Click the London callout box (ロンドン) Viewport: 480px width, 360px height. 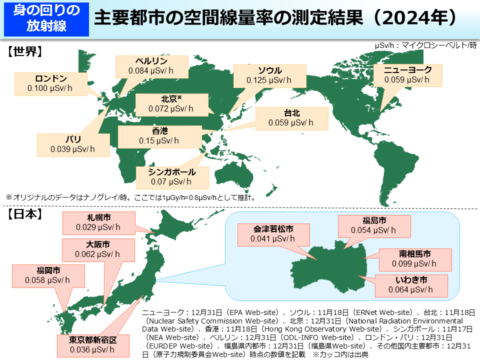click(x=50, y=83)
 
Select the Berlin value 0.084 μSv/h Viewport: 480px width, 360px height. click(x=151, y=71)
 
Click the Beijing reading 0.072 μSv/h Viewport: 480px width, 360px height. click(x=171, y=108)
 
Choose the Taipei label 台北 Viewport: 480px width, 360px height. click(x=291, y=113)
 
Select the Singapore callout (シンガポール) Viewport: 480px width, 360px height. click(x=170, y=176)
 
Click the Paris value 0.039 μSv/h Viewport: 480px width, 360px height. click(x=72, y=149)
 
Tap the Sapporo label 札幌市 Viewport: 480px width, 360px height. click(x=98, y=217)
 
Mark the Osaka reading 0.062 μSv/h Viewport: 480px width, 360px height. click(x=97, y=254)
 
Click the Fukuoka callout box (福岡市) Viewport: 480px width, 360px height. click(x=48, y=276)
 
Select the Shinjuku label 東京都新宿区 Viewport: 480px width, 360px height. click(x=93, y=340)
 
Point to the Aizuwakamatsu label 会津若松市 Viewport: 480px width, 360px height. click(x=272, y=229)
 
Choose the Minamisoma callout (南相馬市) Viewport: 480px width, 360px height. click(x=414, y=258)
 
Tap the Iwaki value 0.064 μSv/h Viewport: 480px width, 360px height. click(x=410, y=289)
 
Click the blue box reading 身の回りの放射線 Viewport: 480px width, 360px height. click(x=46, y=18)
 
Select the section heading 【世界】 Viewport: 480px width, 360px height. click(x=24, y=51)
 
